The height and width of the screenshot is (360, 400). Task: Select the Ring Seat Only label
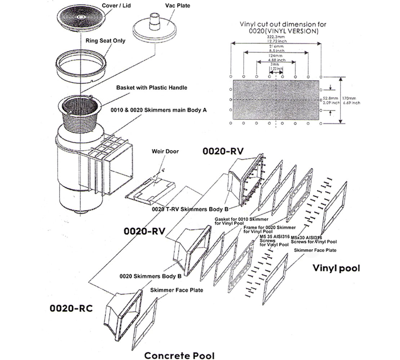pyautogui.click(x=105, y=41)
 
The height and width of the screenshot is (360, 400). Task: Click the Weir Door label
pyautogui.click(x=165, y=151)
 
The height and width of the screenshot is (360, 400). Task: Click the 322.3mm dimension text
pyautogui.click(x=276, y=37)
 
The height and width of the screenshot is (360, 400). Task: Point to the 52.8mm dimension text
pyautogui.click(x=331, y=97)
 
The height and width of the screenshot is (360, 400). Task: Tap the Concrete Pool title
pyautogui.click(x=179, y=355)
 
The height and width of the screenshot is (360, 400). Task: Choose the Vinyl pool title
pyautogui.click(x=336, y=268)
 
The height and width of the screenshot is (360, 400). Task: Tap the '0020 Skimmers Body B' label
pyautogui.click(x=150, y=276)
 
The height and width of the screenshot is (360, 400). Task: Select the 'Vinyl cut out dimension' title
pyautogui.click(x=283, y=28)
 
